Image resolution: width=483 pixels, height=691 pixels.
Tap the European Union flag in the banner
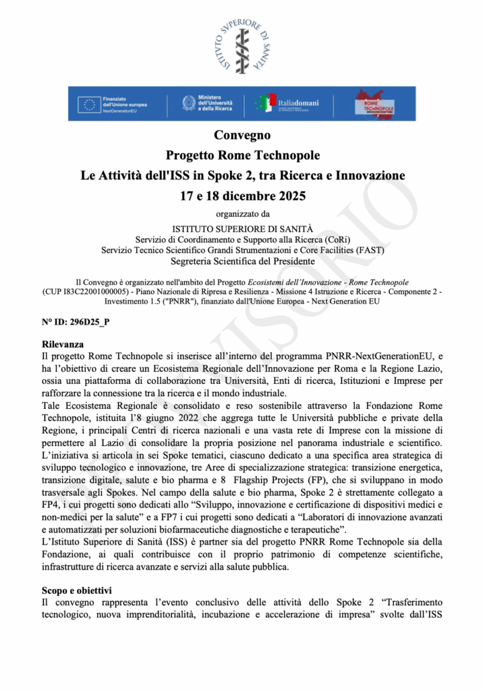[x=88, y=104]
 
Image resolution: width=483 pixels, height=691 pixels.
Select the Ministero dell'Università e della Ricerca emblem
[x=189, y=103]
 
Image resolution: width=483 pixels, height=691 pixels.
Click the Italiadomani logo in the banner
[x=287, y=103]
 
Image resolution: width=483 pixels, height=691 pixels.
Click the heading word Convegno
[x=242, y=136]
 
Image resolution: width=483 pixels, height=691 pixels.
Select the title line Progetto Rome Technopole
[x=242, y=156]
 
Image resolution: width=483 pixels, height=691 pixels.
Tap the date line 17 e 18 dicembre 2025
[x=242, y=197]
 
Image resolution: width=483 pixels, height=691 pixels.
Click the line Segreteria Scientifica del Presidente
[x=242, y=261]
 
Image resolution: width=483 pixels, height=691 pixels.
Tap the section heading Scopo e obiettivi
[x=76, y=590]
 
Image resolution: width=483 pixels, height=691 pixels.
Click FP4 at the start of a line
[x=50, y=505]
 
